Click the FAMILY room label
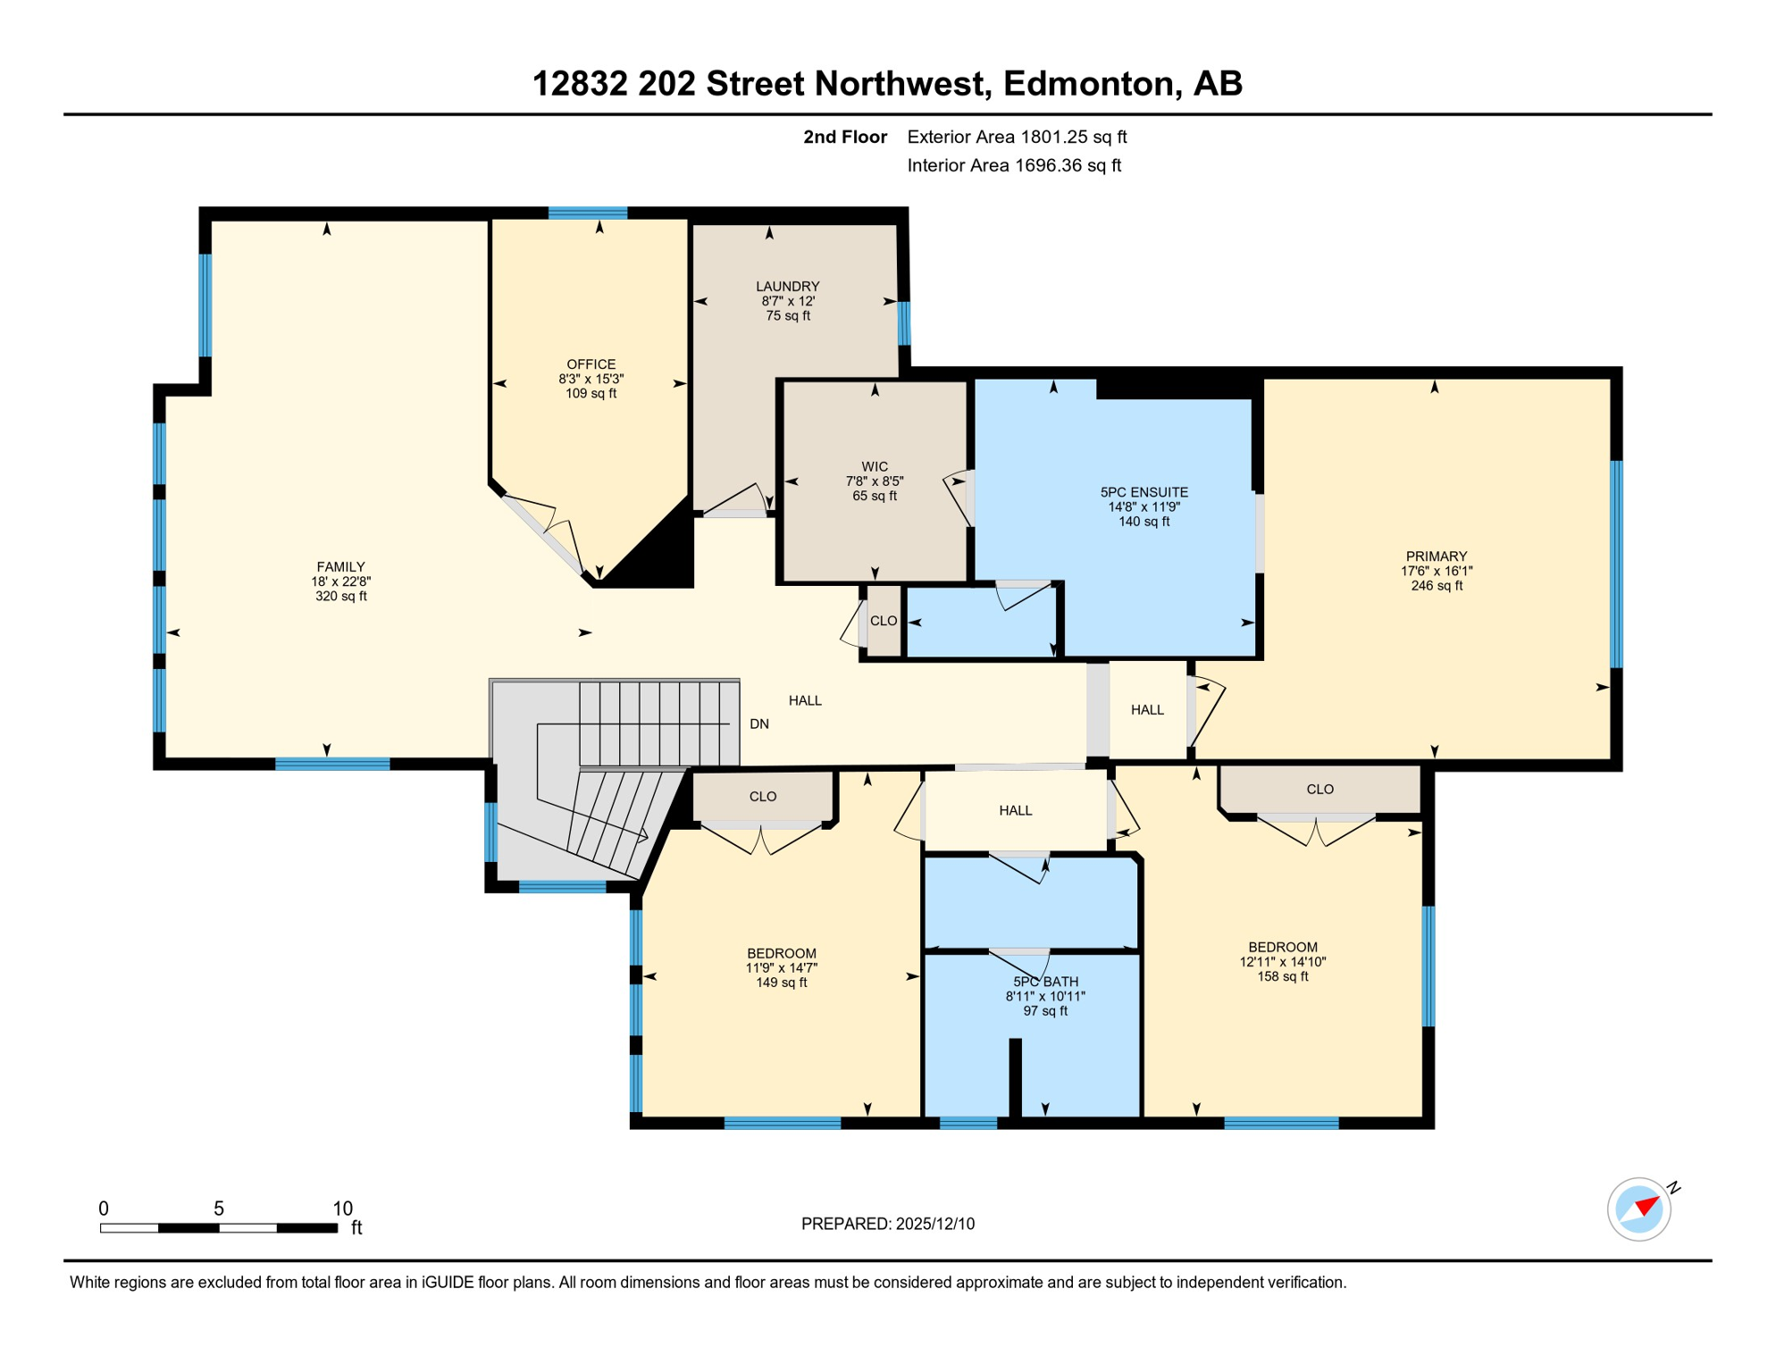click(340, 566)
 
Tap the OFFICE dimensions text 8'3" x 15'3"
click(591, 379)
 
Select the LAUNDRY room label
click(787, 286)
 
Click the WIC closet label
click(875, 466)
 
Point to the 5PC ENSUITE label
click(1144, 492)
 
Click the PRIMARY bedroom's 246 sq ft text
click(1436, 586)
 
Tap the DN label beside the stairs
click(758, 724)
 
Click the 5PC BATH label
click(1045, 982)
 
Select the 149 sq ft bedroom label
click(781, 983)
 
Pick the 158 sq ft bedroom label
click(1282, 976)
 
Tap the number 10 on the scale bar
click(342, 1209)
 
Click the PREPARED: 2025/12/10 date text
click(887, 1224)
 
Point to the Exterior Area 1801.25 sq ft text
click(1016, 137)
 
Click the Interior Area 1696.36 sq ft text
click(1013, 165)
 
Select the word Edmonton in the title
click(1087, 83)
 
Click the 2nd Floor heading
click(844, 137)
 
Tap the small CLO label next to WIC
click(883, 621)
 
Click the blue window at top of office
click(587, 213)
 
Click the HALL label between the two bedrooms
click(1015, 810)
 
